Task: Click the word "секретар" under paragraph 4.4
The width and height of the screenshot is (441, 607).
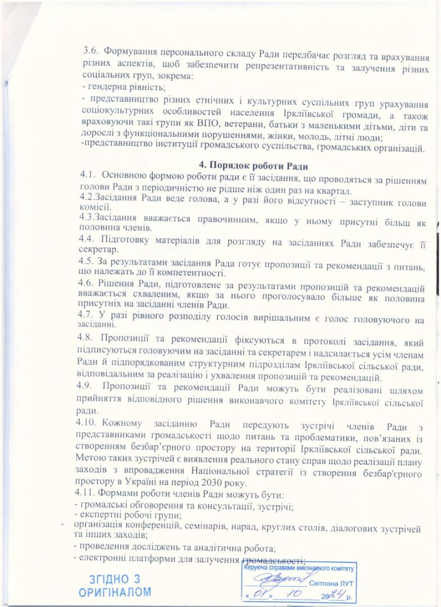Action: point(99,250)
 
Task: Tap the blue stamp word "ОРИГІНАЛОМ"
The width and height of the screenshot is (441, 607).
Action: point(115,592)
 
